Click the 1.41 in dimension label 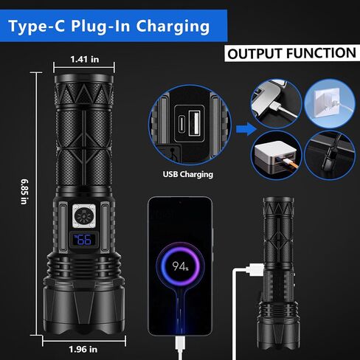(x=85, y=59)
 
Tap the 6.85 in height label (x=24, y=192)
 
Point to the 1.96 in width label (x=83, y=349)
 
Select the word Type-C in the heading (x=37, y=27)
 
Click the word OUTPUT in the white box (x=255, y=54)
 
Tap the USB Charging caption (x=188, y=174)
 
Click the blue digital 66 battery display (x=83, y=240)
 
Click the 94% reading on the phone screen (x=181, y=266)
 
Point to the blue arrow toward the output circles (x=246, y=129)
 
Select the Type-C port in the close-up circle (x=181, y=124)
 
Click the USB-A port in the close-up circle (x=195, y=122)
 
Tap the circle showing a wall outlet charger (x=330, y=103)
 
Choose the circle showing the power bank (x=277, y=156)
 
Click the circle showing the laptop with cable (x=277, y=103)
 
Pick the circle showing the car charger (x=330, y=156)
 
